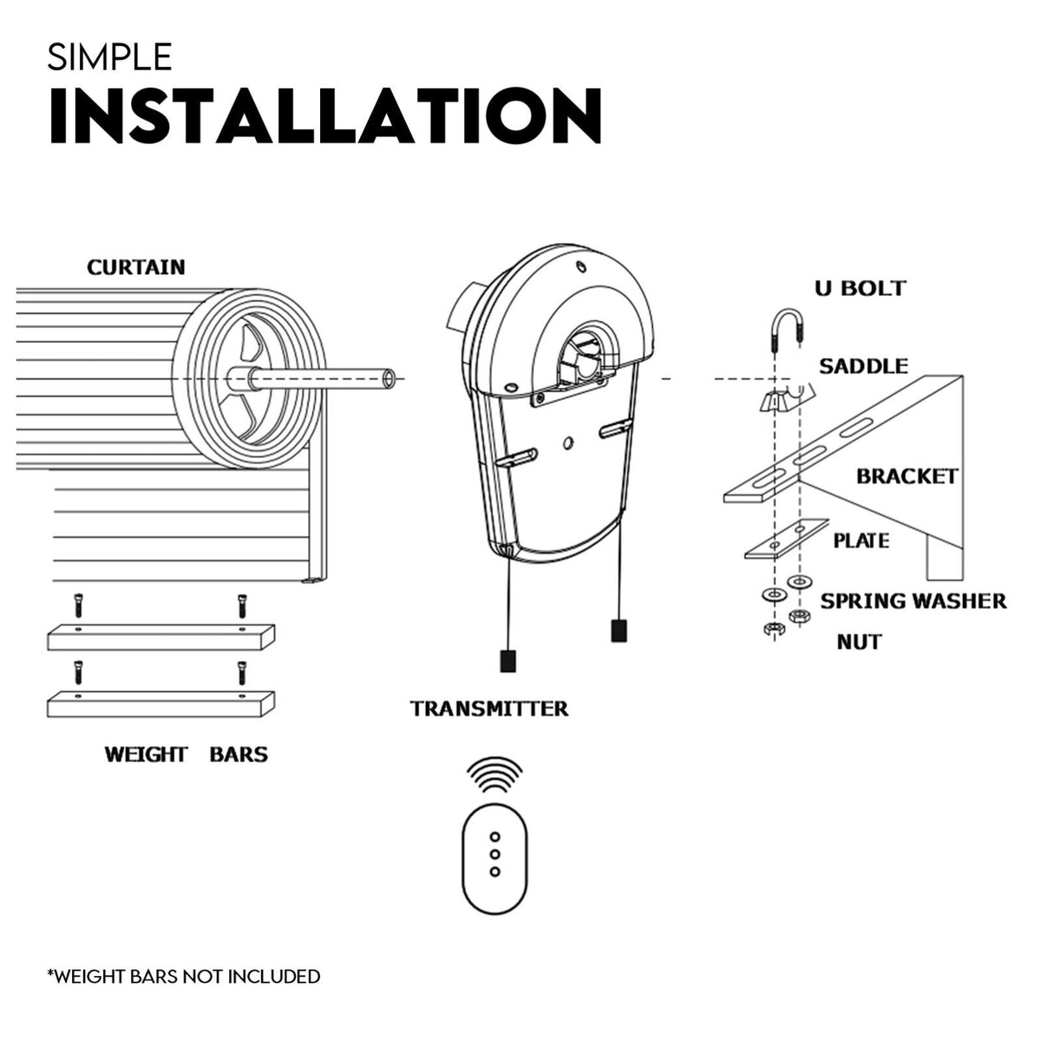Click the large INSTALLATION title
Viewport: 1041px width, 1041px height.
tap(324, 115)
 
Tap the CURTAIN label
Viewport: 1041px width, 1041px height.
tap(136, 266)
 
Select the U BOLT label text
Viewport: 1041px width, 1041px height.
tap(860, 288)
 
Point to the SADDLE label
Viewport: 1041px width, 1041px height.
tap(863, 366)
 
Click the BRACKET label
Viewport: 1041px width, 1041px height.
tap(907, 476)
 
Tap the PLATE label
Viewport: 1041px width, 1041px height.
tap(861, 540)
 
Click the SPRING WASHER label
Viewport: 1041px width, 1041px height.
tap(913, 600)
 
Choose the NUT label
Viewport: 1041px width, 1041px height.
tap(859, 642)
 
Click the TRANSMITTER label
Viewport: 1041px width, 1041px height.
tap(489, 709)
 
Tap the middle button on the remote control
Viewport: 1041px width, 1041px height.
tap(494, 854)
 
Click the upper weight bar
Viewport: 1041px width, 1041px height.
tap(160, 638)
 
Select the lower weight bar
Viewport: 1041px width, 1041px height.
tap(160, 703)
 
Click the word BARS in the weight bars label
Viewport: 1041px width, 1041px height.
tap(239, 754)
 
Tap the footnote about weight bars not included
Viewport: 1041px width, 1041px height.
tap(183, 976)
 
